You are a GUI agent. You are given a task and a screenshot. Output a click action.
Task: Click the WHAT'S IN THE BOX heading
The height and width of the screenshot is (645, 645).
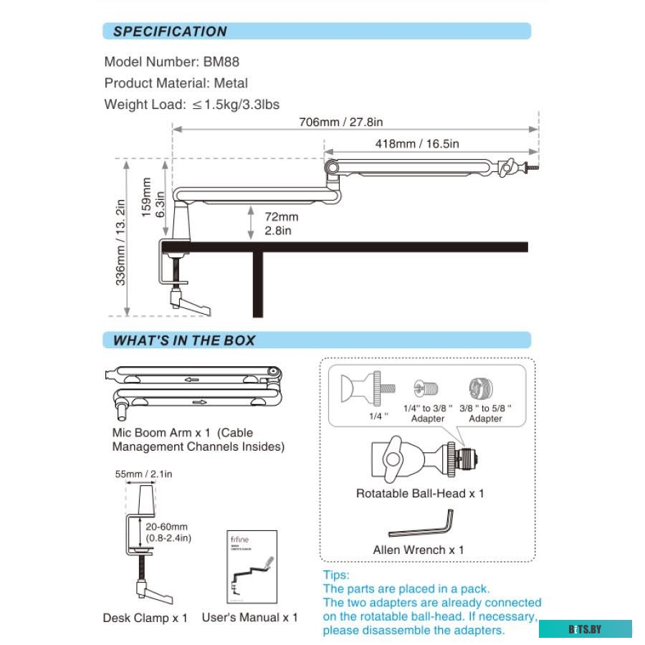tap(184, 340)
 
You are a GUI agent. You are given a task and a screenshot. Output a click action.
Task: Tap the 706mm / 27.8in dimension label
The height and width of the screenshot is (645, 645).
tap(341, 121)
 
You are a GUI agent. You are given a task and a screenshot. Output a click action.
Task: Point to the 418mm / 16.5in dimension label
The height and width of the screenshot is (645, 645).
tap(417, 143)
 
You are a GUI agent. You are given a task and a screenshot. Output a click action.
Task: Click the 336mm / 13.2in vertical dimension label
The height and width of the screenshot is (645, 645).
tap(121, 242)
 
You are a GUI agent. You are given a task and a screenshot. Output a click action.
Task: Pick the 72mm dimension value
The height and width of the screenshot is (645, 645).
tap(281, 216)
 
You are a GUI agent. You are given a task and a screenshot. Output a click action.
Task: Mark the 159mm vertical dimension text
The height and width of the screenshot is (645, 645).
tap(147, 197)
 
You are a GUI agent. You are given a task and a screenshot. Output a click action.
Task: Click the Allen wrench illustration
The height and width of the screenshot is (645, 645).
tap(422, 525)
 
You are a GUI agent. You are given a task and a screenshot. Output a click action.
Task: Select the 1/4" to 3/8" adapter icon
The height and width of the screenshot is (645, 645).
tap(422, 389)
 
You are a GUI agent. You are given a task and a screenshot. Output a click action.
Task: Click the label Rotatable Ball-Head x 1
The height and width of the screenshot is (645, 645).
tap(420, 494)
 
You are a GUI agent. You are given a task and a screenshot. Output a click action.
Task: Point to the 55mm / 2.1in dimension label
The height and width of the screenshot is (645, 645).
tap(143, 474)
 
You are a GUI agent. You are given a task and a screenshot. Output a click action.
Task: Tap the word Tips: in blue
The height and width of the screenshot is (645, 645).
tap(336, 575)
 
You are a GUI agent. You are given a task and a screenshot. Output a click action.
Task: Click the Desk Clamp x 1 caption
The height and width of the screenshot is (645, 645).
tap(145, 617)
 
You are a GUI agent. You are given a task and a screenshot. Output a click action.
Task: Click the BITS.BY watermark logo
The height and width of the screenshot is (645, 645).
tap(585, 629)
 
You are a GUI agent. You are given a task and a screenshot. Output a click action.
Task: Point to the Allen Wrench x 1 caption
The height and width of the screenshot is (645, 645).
tap(418, 550)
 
